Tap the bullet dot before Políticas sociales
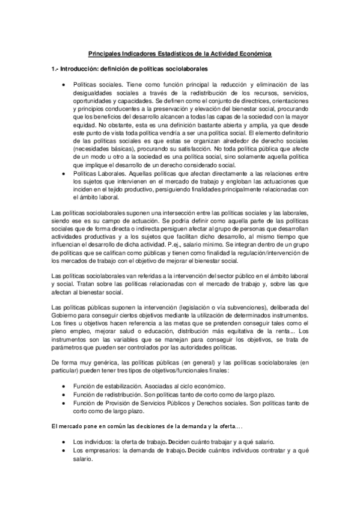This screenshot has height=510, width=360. (x=64, y=85)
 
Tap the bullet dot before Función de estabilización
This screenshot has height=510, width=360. (x=64, y=386)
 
